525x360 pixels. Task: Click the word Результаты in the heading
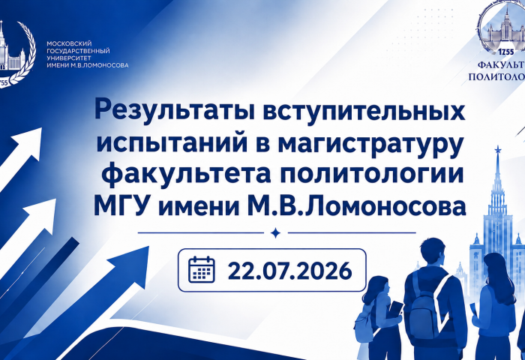tap(175, 109)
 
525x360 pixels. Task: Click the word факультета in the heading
tap(187, 175)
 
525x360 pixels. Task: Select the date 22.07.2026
tap(289, 271)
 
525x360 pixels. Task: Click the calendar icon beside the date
tap(202, 269)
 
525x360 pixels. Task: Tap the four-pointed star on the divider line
tap(275, 232)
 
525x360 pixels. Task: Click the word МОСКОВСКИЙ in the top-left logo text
tap(69, 43)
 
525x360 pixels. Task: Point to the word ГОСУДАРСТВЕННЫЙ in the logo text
tap(78, 51)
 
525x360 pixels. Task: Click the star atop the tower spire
tap(498, 149)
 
